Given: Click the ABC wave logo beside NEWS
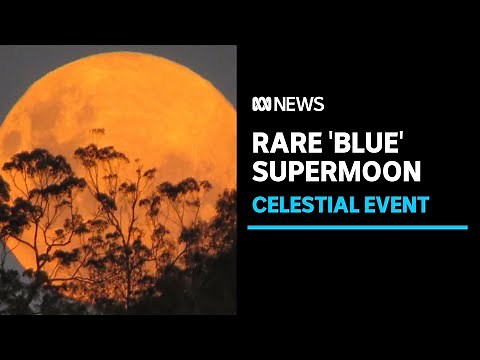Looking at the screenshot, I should tap(261, 105).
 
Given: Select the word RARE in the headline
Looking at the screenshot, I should tap(281, 141).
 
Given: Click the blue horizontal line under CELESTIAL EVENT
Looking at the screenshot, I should tap(357, 227).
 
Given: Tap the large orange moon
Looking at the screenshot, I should tap(110, 110).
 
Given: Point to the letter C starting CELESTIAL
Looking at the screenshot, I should tap(256, 205).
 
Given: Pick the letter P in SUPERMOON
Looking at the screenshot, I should tap(293, 171).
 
